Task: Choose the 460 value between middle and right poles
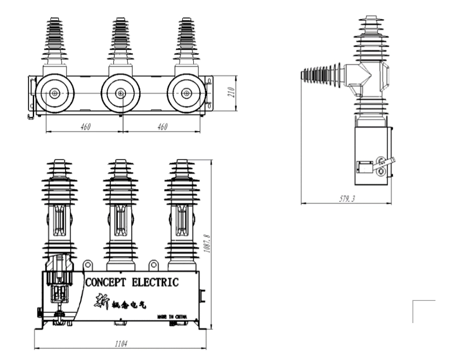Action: click(162, 126)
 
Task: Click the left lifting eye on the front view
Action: click(88, 265)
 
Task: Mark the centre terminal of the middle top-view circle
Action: click(121, 93)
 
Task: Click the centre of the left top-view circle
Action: click(55, 93)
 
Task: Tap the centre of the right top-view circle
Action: click(186, 93)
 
